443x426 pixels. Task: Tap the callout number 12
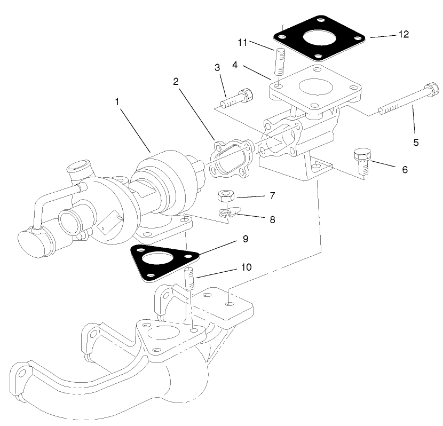[x=404, y=34]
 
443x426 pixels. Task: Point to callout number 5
[x=416, y=143]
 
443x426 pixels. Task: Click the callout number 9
[x=245, y=239]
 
